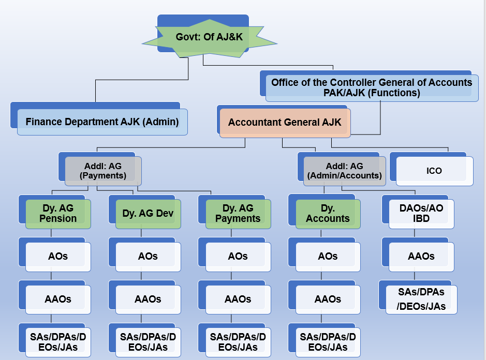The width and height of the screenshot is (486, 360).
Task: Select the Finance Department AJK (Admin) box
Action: pyautogui.click(x=102, y=122)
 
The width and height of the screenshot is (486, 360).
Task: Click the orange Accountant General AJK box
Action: pyautogui.click(x=285, y=123)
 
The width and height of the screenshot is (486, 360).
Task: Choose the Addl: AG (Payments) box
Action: pyautogui.click(x=103, y=171)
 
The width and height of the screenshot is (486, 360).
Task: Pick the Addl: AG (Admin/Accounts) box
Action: pyautogui.click(x=344, y=171)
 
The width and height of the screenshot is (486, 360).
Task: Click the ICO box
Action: pyautogui.click(x=434, y=171)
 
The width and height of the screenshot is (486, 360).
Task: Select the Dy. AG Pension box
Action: pyautogui.click(x=58, y=214)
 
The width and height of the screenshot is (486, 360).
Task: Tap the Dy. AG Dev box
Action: pyautogui.click(x=148, y=214)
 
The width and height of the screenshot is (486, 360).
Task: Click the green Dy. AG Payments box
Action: pyautogui.click(x=238, y=214)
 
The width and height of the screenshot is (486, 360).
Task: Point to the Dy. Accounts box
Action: pyautogui.click(x=328, y=214)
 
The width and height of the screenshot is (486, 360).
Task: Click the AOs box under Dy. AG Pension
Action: pyautogui.click(x=58, y=256)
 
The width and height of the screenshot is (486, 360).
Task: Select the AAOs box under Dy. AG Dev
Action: pyautogui.click(x=148, y=299)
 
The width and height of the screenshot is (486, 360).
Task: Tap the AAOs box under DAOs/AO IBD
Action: pyautogui.click(x=421, y=256)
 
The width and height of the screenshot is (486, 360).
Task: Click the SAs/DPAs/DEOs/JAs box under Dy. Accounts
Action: pyautogui.click(x=328, y=342)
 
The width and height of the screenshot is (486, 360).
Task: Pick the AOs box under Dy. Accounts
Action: pyautogui.click(x=328, y=256)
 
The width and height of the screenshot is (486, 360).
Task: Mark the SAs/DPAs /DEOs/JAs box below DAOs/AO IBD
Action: pyautogui.click(x=421, y=299)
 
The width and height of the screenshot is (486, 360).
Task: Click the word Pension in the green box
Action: pyautogui.click(x=58, y=219)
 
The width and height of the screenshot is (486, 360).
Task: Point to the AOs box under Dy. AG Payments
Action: pyautogui.click(x=238, y=256)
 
